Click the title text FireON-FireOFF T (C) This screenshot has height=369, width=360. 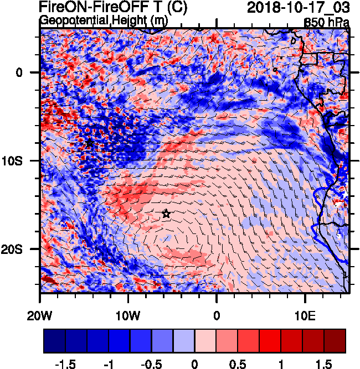(114, 7)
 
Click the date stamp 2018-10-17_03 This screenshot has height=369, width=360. (298, 7)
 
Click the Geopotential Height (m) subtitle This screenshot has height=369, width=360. (104, 20)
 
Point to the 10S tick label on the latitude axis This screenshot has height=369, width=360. (23, 161)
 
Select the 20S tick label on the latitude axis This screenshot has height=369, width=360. (23, 250)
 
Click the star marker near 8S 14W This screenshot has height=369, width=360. (90, 143)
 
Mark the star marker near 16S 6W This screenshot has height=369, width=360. (166, 214)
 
